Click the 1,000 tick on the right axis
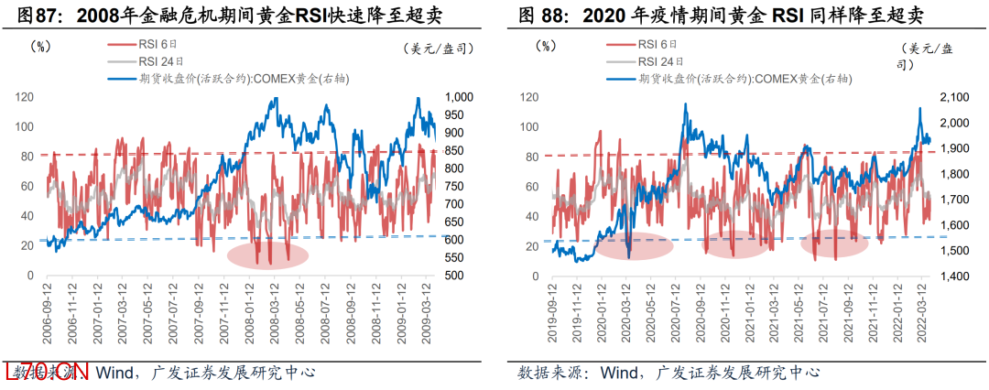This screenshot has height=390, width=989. click(x=458, y=97)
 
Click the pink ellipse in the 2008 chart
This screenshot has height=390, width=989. click(x=266, y=255)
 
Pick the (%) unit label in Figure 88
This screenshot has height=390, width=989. click(x=546, y=43)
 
